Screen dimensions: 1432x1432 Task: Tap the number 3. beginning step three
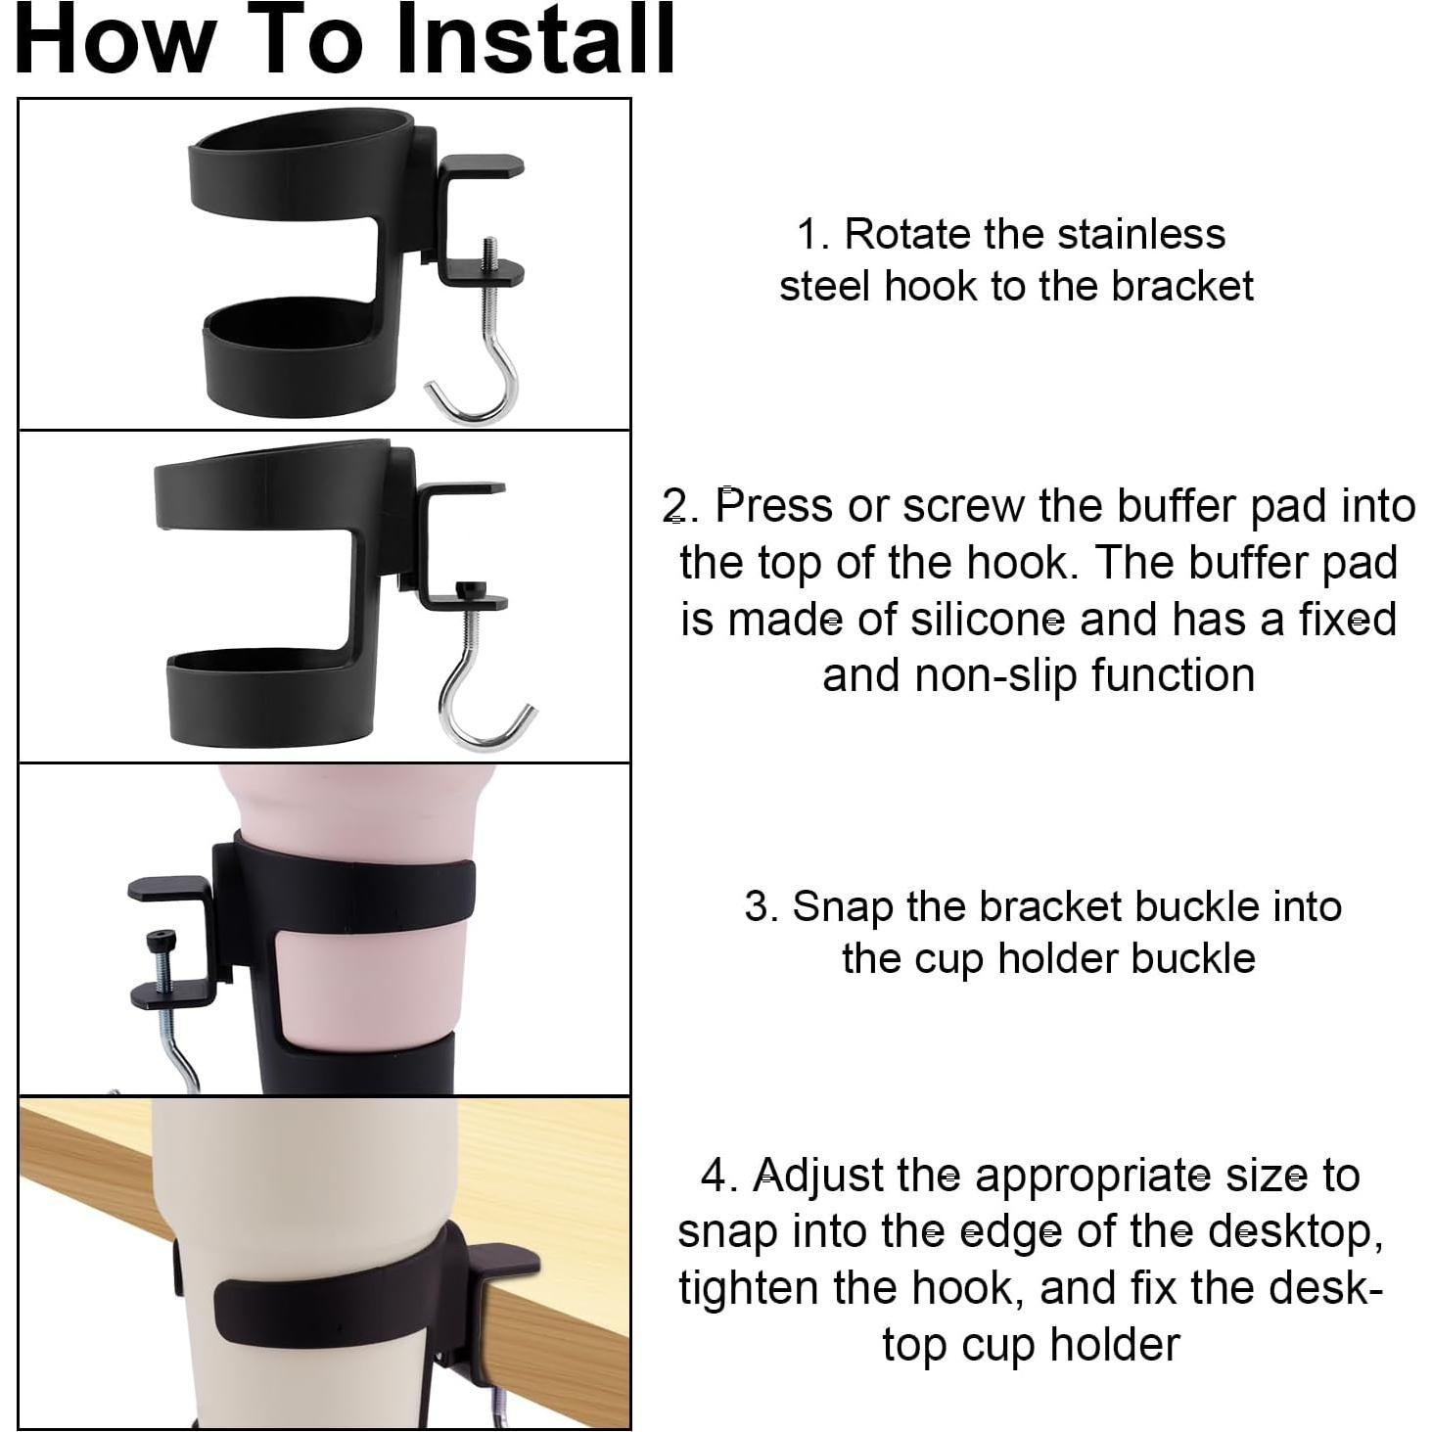coord(761,906)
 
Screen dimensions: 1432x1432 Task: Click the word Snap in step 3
coord(843,906)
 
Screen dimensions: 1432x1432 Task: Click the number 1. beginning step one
coord(813,235)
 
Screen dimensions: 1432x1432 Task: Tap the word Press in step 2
coord(773,506)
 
